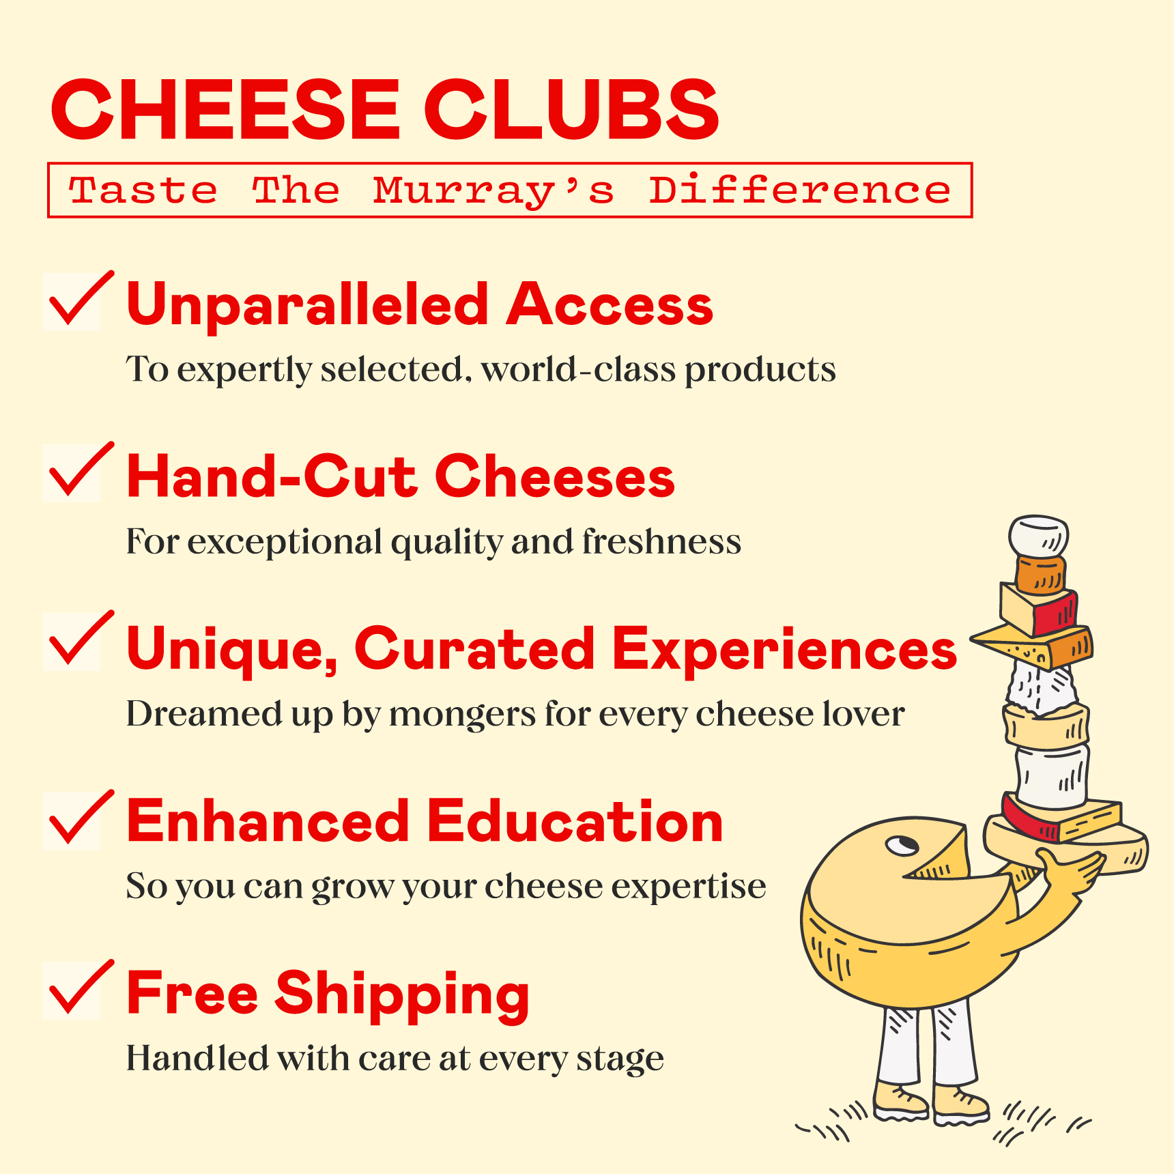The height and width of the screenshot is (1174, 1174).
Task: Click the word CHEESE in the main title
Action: coord(225,109)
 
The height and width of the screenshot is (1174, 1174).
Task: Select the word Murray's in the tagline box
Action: coord(493,190)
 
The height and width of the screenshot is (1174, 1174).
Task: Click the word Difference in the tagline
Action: coord(799,190)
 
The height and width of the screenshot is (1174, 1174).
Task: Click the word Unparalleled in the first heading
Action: coord(307,305)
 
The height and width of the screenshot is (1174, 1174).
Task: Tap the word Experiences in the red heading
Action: coord(784,649)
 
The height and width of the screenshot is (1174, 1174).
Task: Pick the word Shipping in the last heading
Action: coord(402,994)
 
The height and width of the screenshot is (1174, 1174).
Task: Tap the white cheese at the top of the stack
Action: coord(1038,536)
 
